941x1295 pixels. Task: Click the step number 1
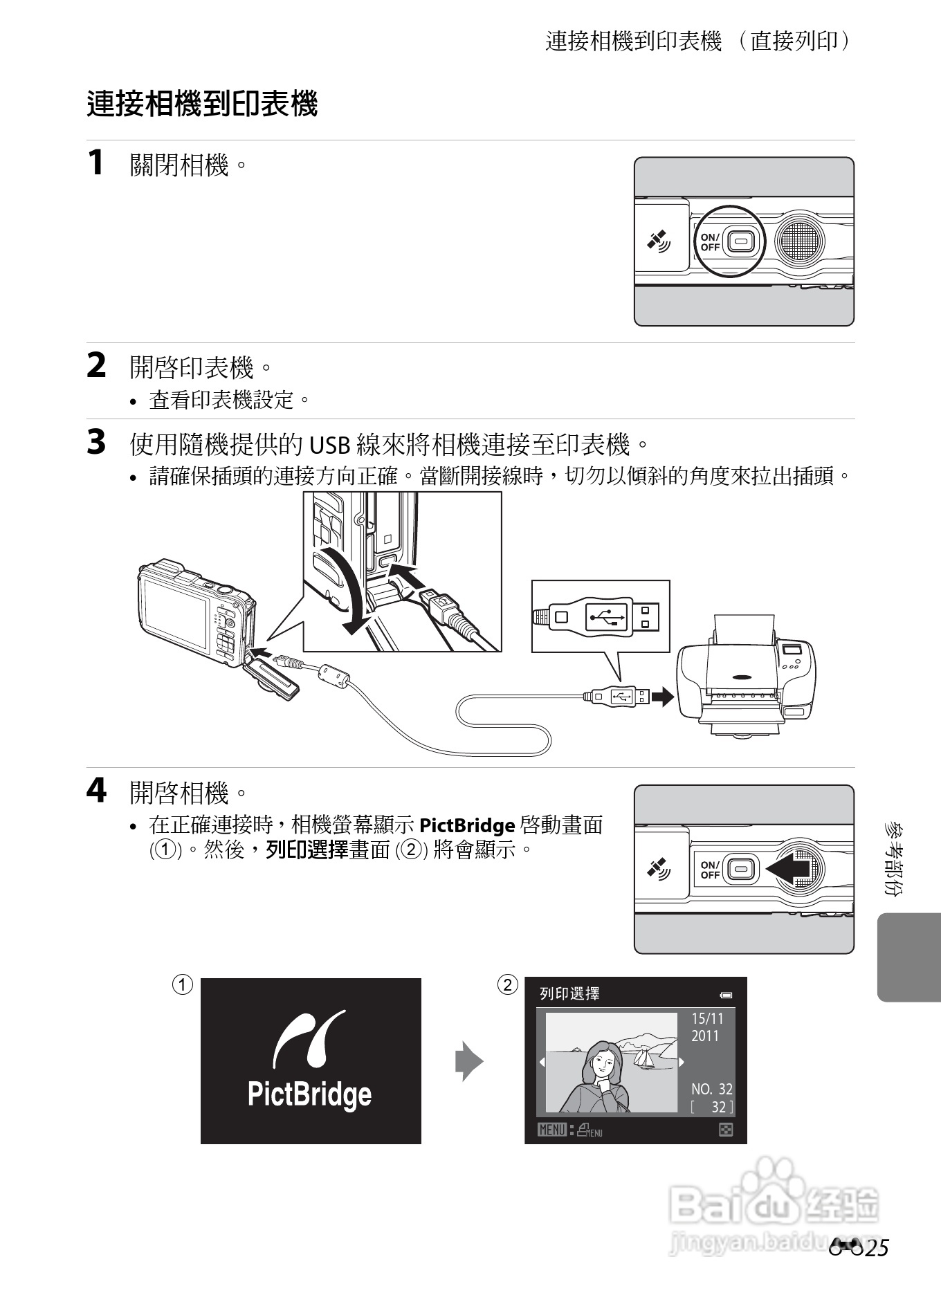click(95, 163)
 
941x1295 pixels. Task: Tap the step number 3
click(96, 442)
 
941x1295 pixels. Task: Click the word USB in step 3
click(329, 445)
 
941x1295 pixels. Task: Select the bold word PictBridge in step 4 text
click(467, 825)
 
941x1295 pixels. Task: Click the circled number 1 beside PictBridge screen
click(183, 984)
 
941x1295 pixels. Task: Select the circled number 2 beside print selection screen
click(508, 984)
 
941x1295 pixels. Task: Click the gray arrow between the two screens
click(469, 1061)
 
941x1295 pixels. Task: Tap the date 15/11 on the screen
click(707, 1018)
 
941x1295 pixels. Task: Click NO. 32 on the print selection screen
click(712, 1089)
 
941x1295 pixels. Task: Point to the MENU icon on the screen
click(552, 1130)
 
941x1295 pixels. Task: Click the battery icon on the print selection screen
click(726, 995)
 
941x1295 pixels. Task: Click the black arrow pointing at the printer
click(663, 697)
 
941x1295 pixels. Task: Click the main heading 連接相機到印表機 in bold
click(202, 104)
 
